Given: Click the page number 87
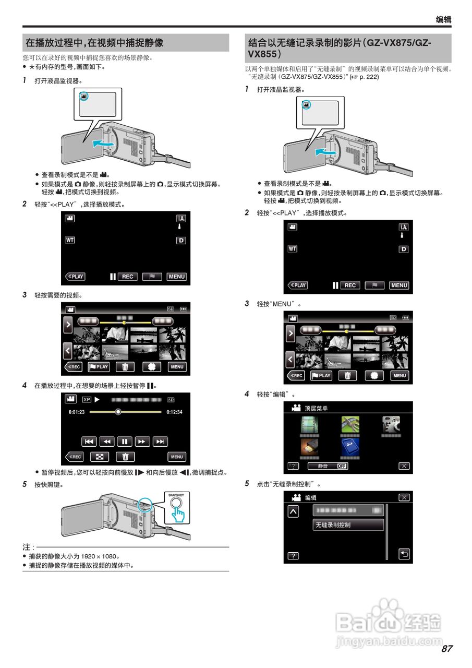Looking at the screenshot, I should [446, 649].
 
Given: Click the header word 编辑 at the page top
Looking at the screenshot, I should [443, 20].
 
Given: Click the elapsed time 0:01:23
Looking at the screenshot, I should [77, 412].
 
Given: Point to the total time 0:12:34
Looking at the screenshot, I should [174, 412].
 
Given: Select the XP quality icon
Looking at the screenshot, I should [86, 400].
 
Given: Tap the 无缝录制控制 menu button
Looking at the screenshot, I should [348, 525].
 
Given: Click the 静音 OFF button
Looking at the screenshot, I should [328, 466].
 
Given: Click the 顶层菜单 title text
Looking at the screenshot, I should [317, 408].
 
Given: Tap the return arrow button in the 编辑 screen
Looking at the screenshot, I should [404, 554].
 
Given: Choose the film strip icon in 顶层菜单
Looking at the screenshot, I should [309, 425].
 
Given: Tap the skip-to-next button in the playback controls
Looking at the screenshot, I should [161, 442].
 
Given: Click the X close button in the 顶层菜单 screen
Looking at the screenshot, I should [404, 466].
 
